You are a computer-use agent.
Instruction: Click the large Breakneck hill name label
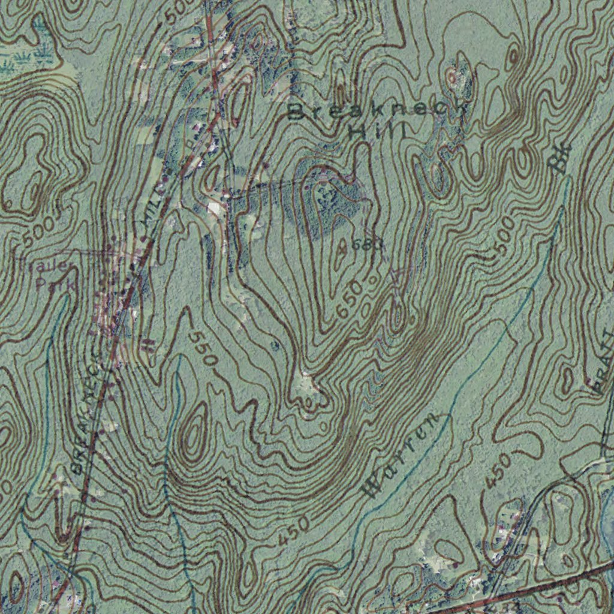(x=377, y=112)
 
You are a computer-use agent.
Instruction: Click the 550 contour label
(x=203, y=348)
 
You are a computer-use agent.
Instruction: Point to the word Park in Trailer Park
(x=55, y=284)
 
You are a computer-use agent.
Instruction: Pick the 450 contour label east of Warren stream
(x=498, y=471)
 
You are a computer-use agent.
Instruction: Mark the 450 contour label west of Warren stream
(x=295, y=529)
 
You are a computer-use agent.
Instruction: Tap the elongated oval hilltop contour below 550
(x=193, y=434)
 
